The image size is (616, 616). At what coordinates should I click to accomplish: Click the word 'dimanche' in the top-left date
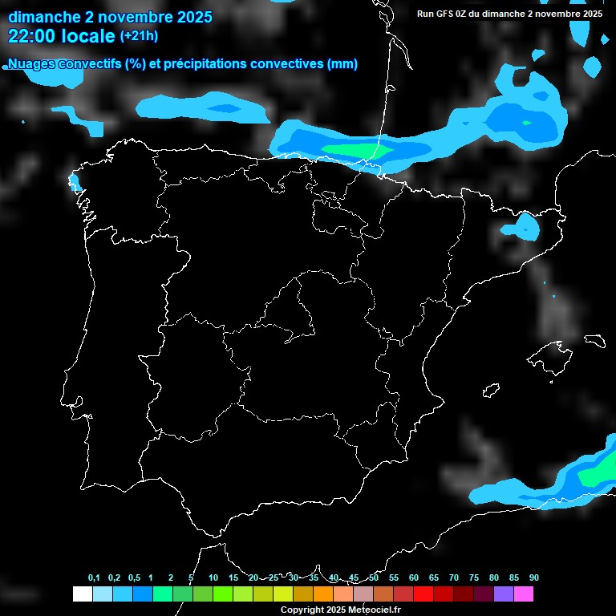tap(40, 16)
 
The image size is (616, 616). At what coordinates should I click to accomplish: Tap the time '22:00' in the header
tap(34, 36)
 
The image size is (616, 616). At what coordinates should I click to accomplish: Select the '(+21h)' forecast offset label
tap(139, 35)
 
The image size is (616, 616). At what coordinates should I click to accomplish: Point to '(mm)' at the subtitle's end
tap(342, 64)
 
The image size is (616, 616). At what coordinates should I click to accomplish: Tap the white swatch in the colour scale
tap(82, 594)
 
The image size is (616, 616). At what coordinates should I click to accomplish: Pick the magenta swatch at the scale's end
tap(523, 594)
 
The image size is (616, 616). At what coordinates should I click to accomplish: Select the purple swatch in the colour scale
tap(503, 594)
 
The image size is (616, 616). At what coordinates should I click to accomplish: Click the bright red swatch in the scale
tap(423, 594)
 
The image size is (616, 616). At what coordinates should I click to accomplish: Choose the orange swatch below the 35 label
tap(322, 594)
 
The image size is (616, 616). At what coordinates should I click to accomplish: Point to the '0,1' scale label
tap(94, 578)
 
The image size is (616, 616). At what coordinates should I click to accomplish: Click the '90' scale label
tap(533, 578)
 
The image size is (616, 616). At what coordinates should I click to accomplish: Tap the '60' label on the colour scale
tap(414, 578)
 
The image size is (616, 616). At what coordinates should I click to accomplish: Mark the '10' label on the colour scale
tap(213, 578)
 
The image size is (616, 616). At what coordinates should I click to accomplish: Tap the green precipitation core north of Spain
tap(353, 150)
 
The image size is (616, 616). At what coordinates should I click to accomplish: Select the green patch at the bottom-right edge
tap(598, 475)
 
